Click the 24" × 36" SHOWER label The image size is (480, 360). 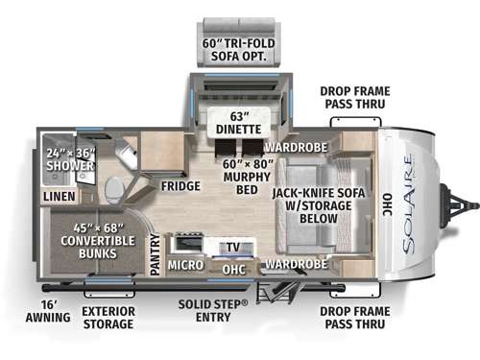click(68, 157)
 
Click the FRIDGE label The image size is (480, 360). click(180, 185)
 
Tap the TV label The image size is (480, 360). click(233, 247)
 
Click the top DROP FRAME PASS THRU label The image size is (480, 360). click(353, 96)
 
